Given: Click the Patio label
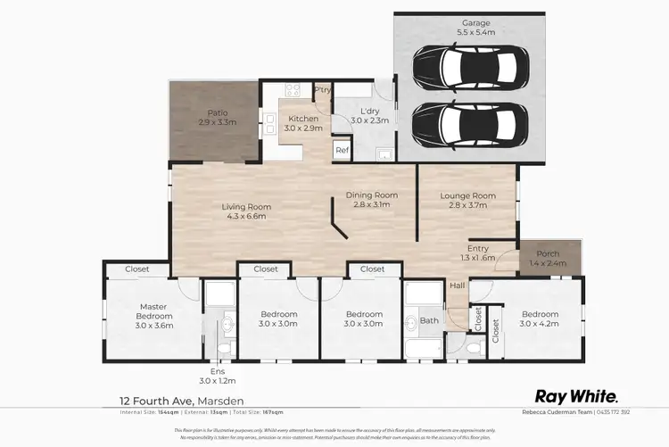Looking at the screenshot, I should [216, 117].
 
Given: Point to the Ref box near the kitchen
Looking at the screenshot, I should [342, 151].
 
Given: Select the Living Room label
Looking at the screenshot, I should [246, 211].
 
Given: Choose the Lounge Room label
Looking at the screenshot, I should [470, 200].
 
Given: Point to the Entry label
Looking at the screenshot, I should [478, 253].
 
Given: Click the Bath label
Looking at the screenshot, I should [430, 320].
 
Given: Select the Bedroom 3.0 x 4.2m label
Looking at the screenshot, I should [540, 319].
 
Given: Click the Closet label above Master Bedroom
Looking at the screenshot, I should [136, 269].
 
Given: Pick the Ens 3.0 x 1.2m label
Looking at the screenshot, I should [218, 375].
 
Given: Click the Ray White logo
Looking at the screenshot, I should [575, 395].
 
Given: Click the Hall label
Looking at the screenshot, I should [458, 286].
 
